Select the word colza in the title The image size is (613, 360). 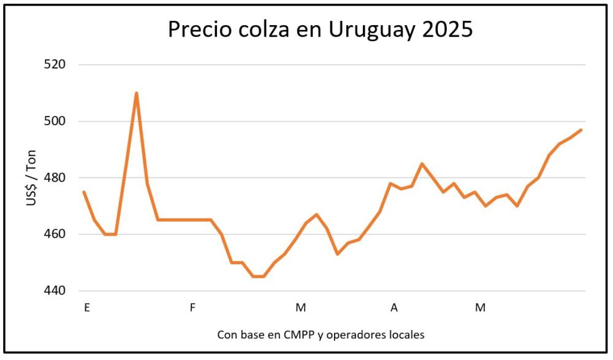(256, 29)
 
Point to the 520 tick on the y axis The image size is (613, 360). (55, 64)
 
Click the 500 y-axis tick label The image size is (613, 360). (55, 121)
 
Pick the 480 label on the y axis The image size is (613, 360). (55, 178)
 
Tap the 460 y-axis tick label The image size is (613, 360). (55, 234)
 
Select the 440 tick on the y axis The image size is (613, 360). (55, 291)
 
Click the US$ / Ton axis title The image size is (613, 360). (32, 177)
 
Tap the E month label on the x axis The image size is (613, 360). (87, 307)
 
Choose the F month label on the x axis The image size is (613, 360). (192, 307)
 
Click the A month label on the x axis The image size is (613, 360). (394, 307)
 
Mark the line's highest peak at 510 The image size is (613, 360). (136, 93)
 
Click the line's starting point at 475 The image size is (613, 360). (84, 192)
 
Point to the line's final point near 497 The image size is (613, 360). (581, 130)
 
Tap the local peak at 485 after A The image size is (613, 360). (422, 164)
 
